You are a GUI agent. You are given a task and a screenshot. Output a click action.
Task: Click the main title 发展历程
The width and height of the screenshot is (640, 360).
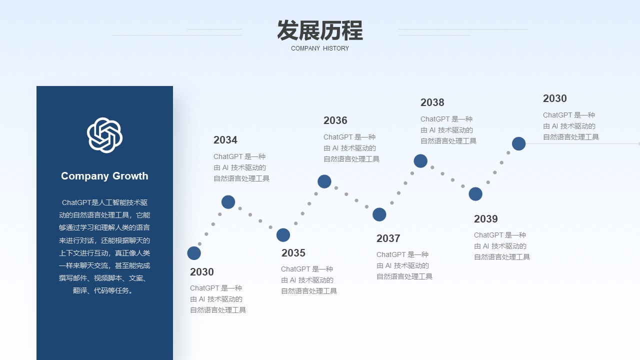[320, 30]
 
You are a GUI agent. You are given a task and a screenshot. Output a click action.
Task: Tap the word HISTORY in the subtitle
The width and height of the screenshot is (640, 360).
[336, 48]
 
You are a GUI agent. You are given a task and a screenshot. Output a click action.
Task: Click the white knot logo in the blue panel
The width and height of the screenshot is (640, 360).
[104, 135]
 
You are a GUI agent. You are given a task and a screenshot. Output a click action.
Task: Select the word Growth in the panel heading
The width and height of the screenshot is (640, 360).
[130, 176]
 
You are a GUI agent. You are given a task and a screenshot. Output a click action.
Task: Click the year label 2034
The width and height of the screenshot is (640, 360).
[225, 140]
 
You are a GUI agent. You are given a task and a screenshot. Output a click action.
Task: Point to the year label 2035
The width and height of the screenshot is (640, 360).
[293, 253]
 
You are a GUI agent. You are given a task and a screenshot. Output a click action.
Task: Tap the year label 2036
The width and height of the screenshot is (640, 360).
[335, 120]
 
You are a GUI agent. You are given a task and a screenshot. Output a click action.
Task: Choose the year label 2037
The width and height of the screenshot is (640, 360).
[388, 238]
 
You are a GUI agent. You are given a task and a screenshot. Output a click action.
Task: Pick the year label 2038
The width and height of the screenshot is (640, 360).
[432, 102]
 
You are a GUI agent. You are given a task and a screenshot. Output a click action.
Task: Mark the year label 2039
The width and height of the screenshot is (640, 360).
[485, 219]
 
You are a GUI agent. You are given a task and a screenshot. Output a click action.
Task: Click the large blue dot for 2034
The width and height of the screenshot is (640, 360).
[228, 202]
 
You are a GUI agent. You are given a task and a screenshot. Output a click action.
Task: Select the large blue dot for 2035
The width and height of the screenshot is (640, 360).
[283, 235]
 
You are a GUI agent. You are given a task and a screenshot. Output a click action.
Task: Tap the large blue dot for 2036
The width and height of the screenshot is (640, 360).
[324, 181]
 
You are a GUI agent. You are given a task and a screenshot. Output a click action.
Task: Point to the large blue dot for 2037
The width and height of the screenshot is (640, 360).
[379, 214]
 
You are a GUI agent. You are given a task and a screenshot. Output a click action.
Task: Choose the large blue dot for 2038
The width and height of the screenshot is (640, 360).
[420, 161]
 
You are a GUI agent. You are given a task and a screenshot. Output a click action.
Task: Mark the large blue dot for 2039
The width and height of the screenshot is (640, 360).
[475, 194]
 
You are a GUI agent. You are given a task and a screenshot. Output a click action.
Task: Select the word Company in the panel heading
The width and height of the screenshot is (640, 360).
[85, 176]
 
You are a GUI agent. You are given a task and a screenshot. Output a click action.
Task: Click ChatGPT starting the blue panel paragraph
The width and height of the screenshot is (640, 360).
[76, 202]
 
